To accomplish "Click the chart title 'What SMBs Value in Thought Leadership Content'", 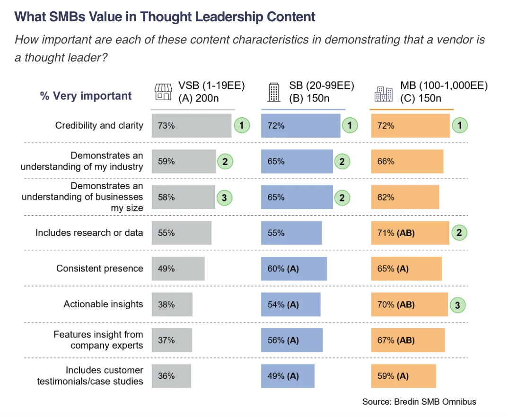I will (x=165, y=17).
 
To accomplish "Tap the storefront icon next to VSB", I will (x=163, y=92).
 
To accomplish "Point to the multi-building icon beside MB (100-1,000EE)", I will (x=383, y=93).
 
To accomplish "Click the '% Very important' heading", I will (x=86, y=96).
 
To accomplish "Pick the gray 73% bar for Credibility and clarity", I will (x=192, y=126).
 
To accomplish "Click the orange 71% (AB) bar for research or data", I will (x=410, y=233).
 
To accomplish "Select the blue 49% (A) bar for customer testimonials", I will (x=288, y=376).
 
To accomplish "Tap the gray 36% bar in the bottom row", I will (x=171, y=376).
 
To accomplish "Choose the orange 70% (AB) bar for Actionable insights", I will (x=409, y=305).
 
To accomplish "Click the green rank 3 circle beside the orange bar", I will (x=457, y=305).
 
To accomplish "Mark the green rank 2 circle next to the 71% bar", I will (x=459, y=233).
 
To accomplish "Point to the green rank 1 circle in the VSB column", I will (x=241, y=126).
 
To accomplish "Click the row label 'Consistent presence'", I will (x=99, y=269).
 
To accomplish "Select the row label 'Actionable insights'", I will (x=103, y=305).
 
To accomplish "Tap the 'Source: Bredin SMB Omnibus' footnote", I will (x=419, y=401).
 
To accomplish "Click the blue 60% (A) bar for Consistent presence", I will (x=294, y=269).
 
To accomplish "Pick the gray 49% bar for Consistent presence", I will (x=178, y=269).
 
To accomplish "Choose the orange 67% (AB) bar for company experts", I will (x=408, y=340).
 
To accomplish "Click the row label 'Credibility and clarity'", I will (x=99, y=126).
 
